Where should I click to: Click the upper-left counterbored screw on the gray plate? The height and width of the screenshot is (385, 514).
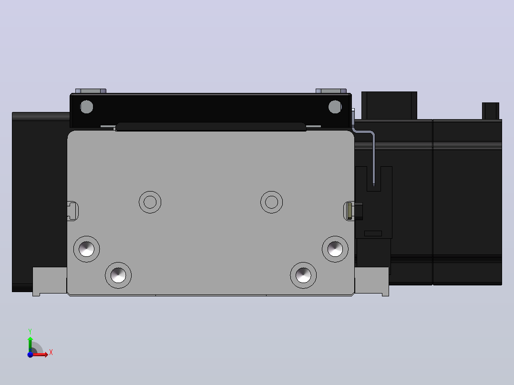coord(87,249)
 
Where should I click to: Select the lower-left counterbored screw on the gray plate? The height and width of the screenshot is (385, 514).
coord(118,275)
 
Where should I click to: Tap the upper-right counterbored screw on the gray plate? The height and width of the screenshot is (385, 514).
coord(335,249)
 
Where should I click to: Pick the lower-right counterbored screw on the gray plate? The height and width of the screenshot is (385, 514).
coord(303,275)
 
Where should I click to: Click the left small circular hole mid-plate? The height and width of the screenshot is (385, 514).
coord(150,202)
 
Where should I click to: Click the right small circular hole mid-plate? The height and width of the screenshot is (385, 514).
coord(271,202)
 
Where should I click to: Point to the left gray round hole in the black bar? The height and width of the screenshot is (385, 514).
coord(87,107)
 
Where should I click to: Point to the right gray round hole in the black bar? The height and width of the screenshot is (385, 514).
coord(335,107)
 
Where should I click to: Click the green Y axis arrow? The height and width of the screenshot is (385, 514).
coord(30,344)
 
